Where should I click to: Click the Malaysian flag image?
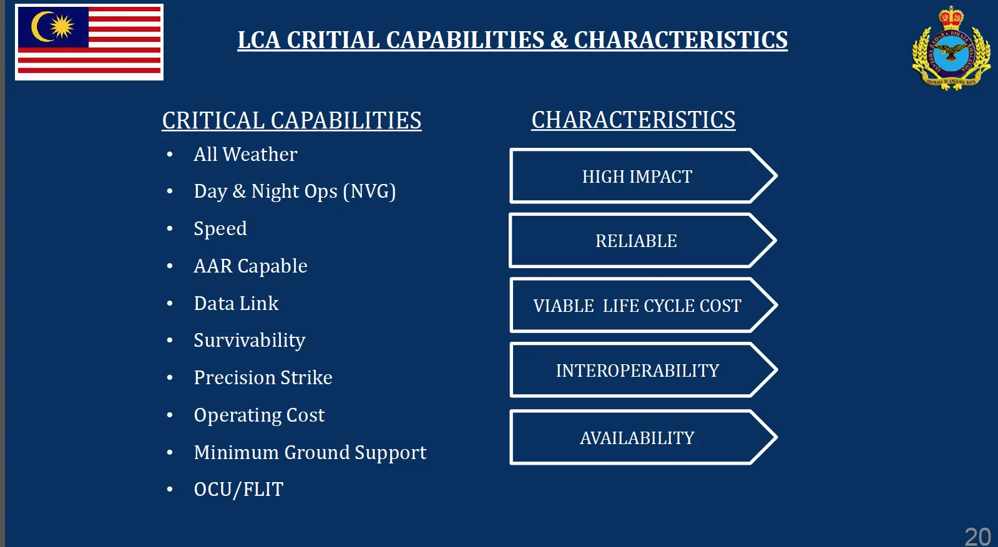(89, 42)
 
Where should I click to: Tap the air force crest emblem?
(951, 48)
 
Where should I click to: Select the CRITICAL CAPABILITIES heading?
(291, 120)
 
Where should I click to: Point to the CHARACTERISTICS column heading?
(633, 120)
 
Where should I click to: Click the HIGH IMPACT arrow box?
(643, 176)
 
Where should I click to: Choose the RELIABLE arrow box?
(643, 240)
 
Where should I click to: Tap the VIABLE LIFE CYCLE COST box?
(643, 306)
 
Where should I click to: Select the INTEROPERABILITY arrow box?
(643, 370)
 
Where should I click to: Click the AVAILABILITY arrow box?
(643, 437)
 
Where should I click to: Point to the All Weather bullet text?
(245, 155)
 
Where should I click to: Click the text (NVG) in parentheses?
(369, 191)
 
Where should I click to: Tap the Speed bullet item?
(220, 229)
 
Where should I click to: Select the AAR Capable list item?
(250, 266)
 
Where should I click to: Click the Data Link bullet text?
(236, 304)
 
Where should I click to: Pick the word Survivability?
(250, 341)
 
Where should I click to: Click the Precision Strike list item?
(263, 378)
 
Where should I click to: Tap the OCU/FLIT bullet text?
(238, 490)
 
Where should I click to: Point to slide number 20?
(977, 536)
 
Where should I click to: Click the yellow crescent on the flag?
(40, 27)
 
